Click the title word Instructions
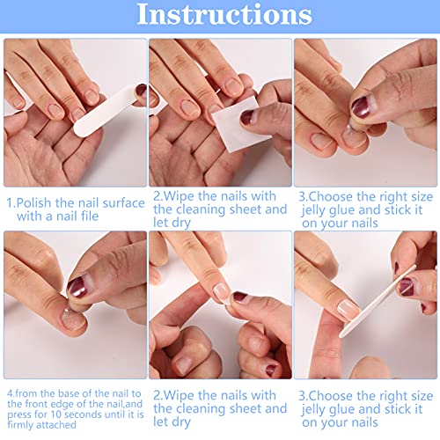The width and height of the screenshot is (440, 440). coord(224,14)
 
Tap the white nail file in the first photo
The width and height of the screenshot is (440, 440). coord(106,111)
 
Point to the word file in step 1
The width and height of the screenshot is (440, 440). coord(90,216)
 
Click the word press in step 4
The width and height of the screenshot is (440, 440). coord(18,414)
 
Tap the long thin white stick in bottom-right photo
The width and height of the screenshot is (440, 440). coord(378,301)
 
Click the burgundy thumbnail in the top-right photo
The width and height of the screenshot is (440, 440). coord(361,106)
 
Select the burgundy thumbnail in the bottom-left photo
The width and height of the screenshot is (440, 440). coord(77,287)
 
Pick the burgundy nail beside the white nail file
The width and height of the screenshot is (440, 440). coord(141,90)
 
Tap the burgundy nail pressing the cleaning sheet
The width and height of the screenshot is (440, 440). coord(247,117)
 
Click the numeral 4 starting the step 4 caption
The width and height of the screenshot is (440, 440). coord(10,393)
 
